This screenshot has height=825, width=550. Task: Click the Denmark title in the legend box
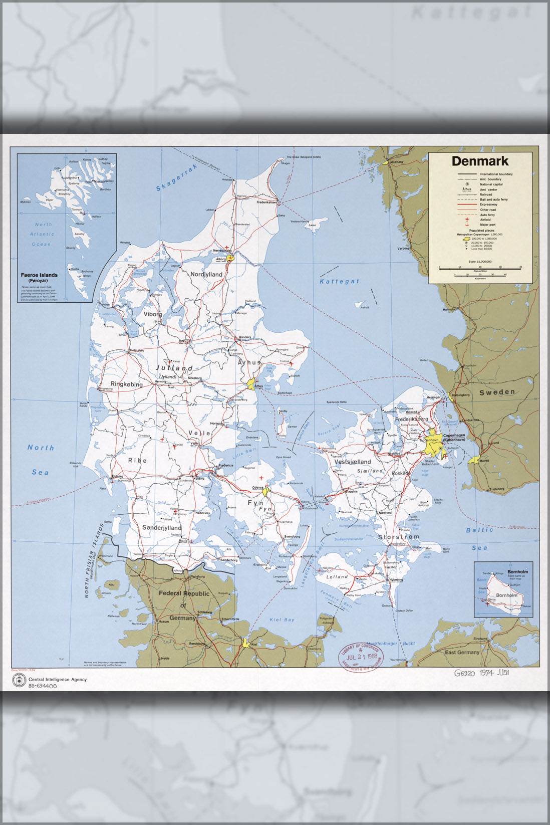pos(480,161)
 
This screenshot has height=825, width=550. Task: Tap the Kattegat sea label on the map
pos(340,281)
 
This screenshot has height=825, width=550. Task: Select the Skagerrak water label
pos(177,178)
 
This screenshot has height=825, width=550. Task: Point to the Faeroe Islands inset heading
pos(39,275)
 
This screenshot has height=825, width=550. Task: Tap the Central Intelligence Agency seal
pos(19,681)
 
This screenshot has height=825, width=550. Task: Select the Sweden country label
pos(497,392)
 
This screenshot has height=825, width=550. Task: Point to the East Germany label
pos(462,652)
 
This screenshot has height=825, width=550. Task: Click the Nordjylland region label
pos(206,274)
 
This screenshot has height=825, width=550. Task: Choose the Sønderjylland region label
pos(162,528)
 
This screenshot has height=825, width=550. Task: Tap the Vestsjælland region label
pos(353,462)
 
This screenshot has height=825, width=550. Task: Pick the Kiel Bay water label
pos(282,620)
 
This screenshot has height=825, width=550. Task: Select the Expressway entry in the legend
pos(488,204)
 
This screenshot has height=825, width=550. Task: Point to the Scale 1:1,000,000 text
pos(480,262)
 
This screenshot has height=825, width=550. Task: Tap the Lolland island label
pos(337,577)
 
